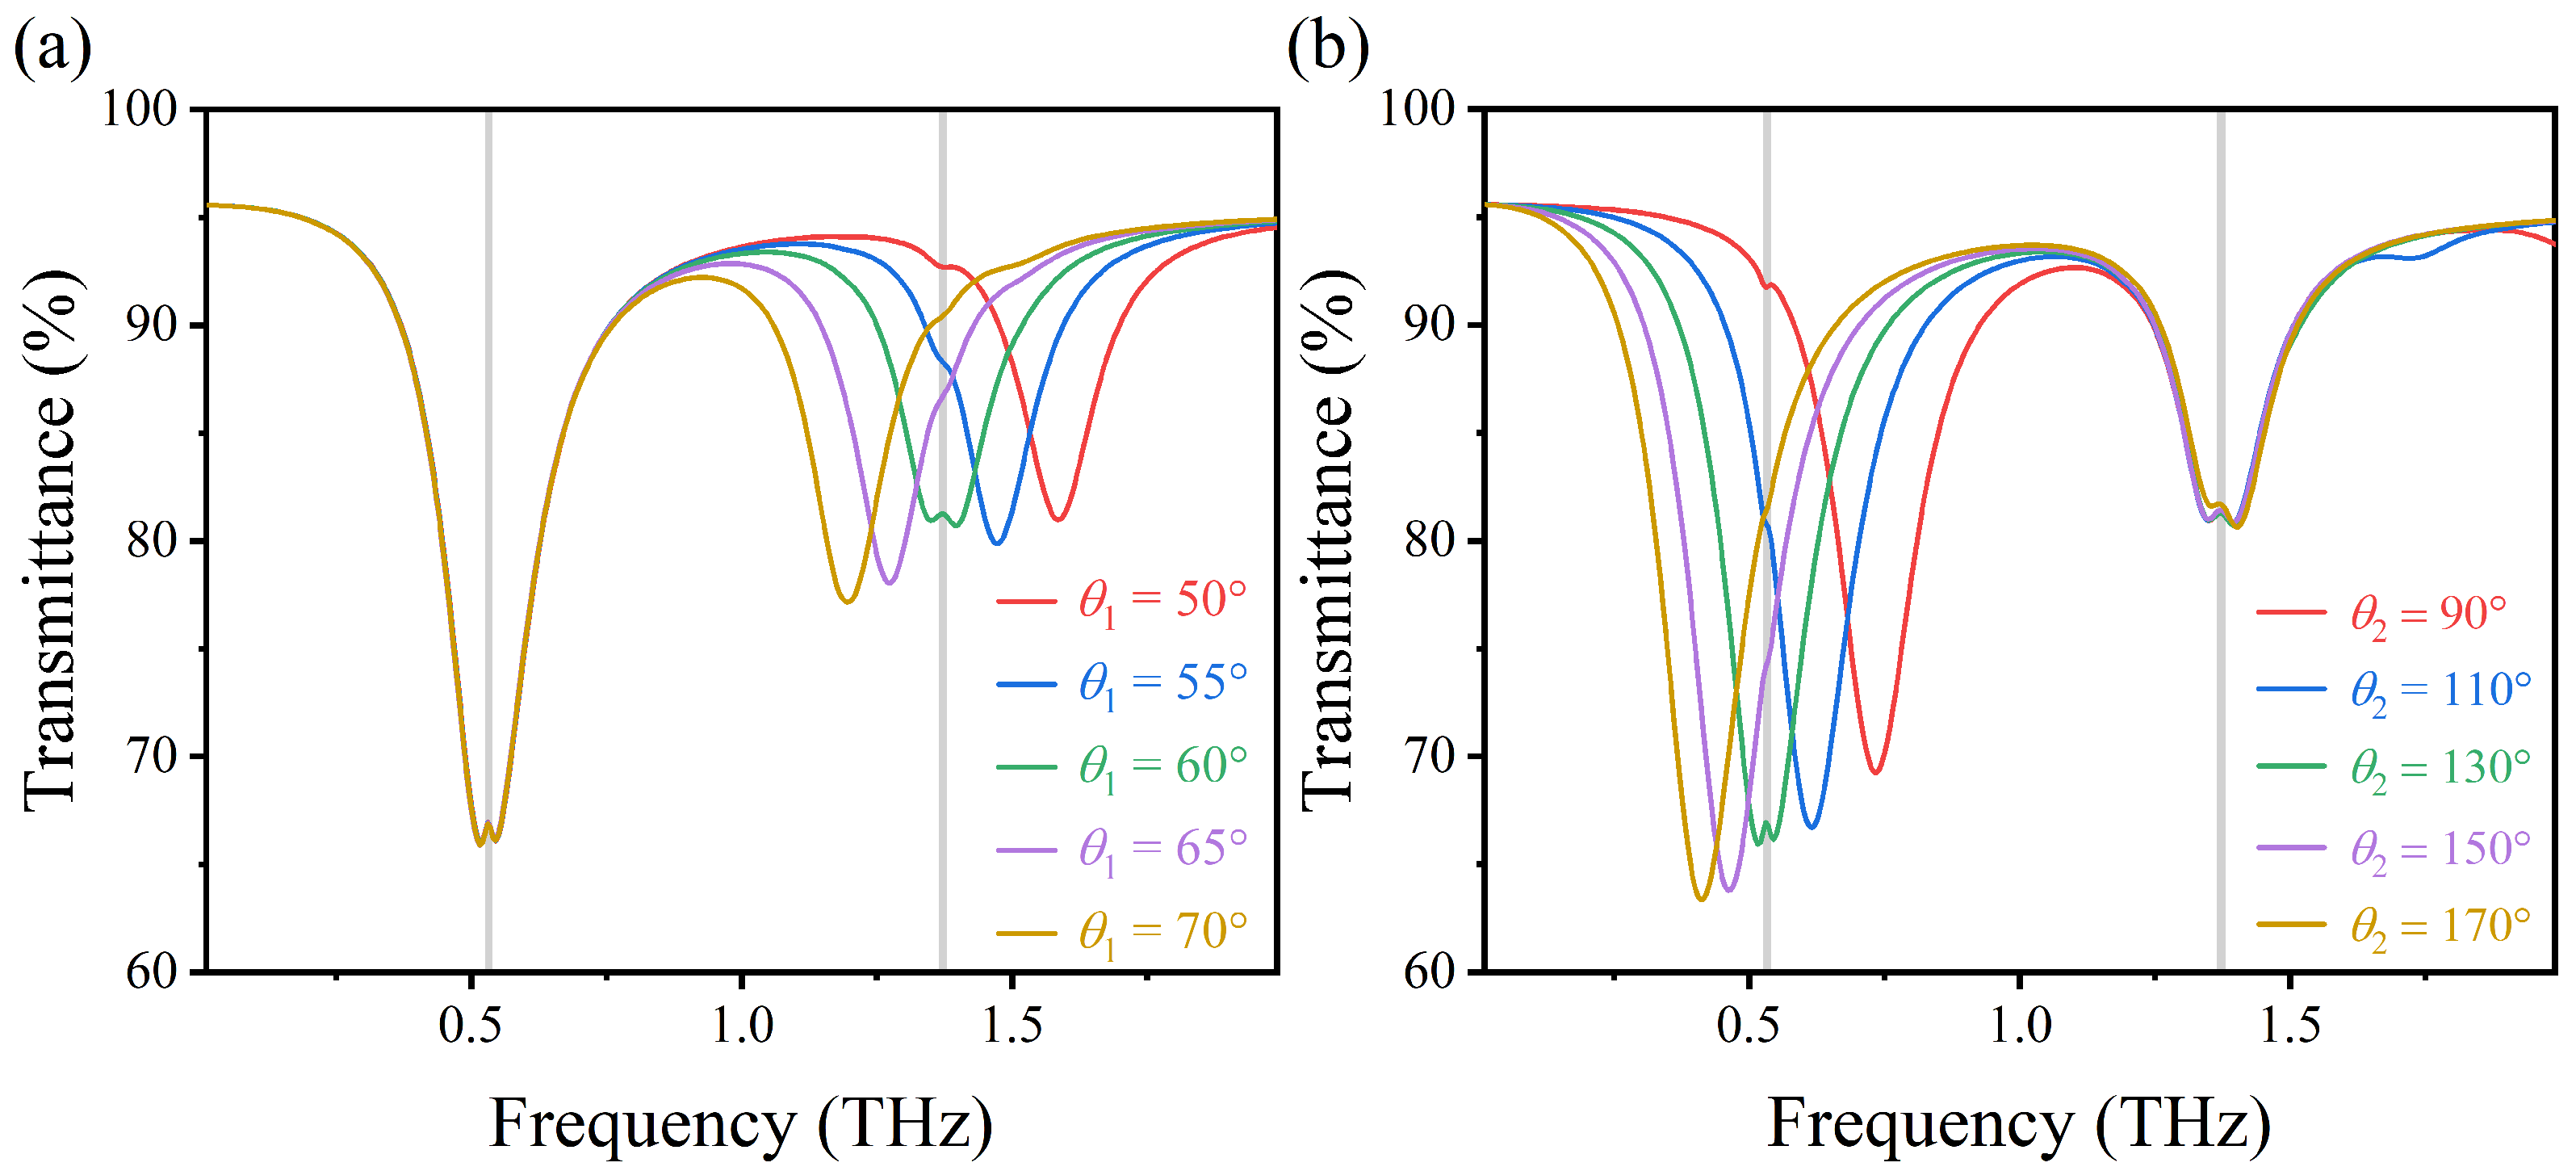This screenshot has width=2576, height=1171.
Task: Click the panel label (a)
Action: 52,47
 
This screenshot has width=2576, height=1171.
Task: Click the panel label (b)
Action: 1328,47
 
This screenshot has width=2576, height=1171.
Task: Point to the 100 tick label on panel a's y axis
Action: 139,108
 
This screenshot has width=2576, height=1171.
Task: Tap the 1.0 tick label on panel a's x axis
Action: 742,1025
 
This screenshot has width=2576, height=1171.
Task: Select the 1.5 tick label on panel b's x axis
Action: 2290,1025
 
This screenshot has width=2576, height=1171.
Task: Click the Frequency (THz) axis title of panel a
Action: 741,1123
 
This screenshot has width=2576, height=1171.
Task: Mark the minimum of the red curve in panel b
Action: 1876,772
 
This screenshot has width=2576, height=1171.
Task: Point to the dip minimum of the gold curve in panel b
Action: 1701,899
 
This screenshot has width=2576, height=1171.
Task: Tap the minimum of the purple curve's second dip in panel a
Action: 889,582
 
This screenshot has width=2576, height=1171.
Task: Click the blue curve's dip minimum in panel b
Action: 1812,826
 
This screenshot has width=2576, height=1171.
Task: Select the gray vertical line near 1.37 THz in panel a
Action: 942,700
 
